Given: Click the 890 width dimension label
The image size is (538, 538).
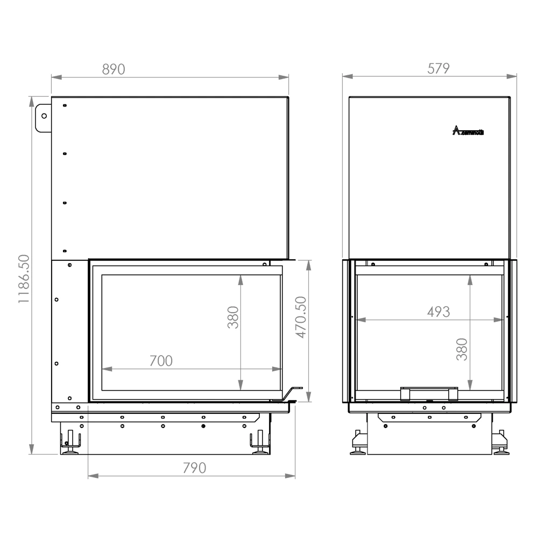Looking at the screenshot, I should (113, 69).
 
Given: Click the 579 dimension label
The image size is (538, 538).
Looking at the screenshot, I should (438, 68).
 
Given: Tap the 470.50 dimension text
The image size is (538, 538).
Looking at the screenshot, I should (301, 317).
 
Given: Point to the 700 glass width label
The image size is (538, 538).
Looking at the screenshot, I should (161, 360).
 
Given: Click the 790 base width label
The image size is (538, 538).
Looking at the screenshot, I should (194, 468).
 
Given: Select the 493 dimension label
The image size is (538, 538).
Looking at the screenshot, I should (438, 312).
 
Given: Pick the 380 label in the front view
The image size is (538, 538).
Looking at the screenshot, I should (232, 317).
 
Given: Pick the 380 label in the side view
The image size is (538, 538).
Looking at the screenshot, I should (462, 349).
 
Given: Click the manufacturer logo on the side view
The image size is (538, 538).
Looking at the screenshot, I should (468, 131).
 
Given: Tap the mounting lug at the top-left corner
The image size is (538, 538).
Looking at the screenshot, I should (43, 117).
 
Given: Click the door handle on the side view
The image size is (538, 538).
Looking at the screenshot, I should (429, 393).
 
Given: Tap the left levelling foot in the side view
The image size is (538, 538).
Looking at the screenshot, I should (358, 444).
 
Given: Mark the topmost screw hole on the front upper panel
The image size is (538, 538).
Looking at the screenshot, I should (65, 105).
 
